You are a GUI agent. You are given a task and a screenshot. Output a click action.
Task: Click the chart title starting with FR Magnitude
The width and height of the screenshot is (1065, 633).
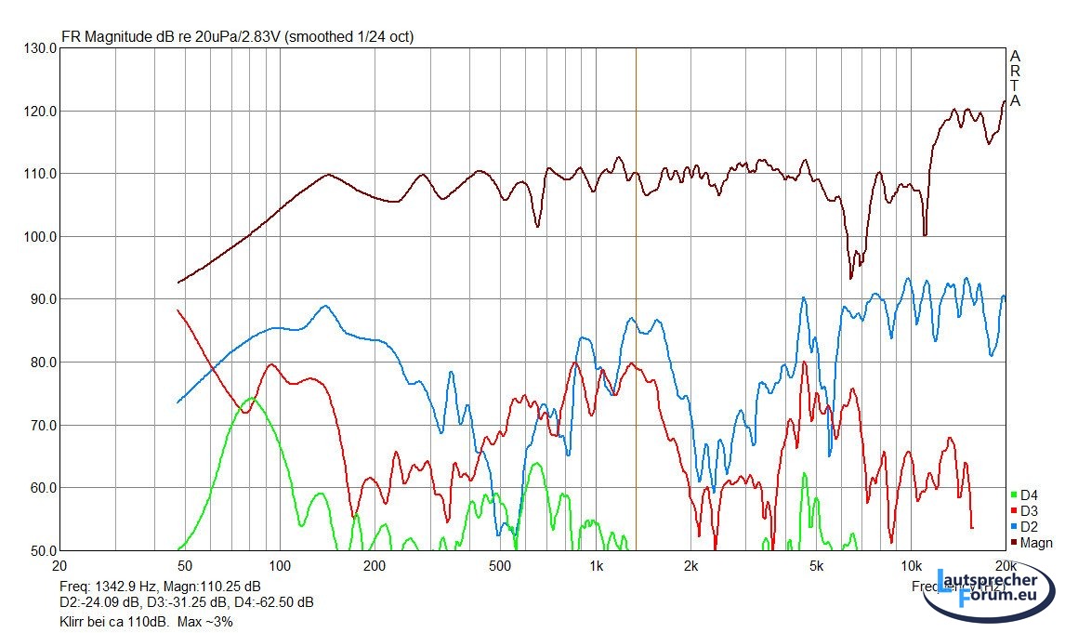pyautogui.click(x=237, y=37)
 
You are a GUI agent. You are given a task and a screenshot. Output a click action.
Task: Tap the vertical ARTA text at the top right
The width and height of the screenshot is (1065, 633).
pyautogui.click(x=1015, y=79)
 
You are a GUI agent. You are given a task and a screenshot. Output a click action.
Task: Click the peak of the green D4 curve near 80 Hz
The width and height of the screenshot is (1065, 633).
pyautogui.click(x=250, y=398)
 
